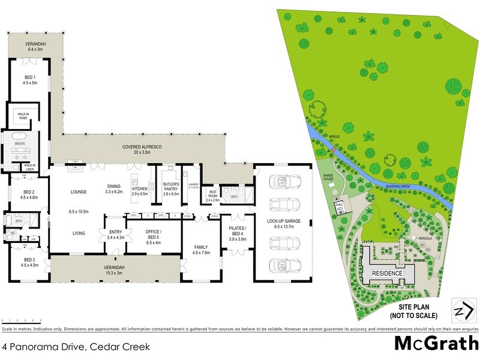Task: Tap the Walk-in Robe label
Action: [25, 115]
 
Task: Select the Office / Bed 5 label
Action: [143, 235]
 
